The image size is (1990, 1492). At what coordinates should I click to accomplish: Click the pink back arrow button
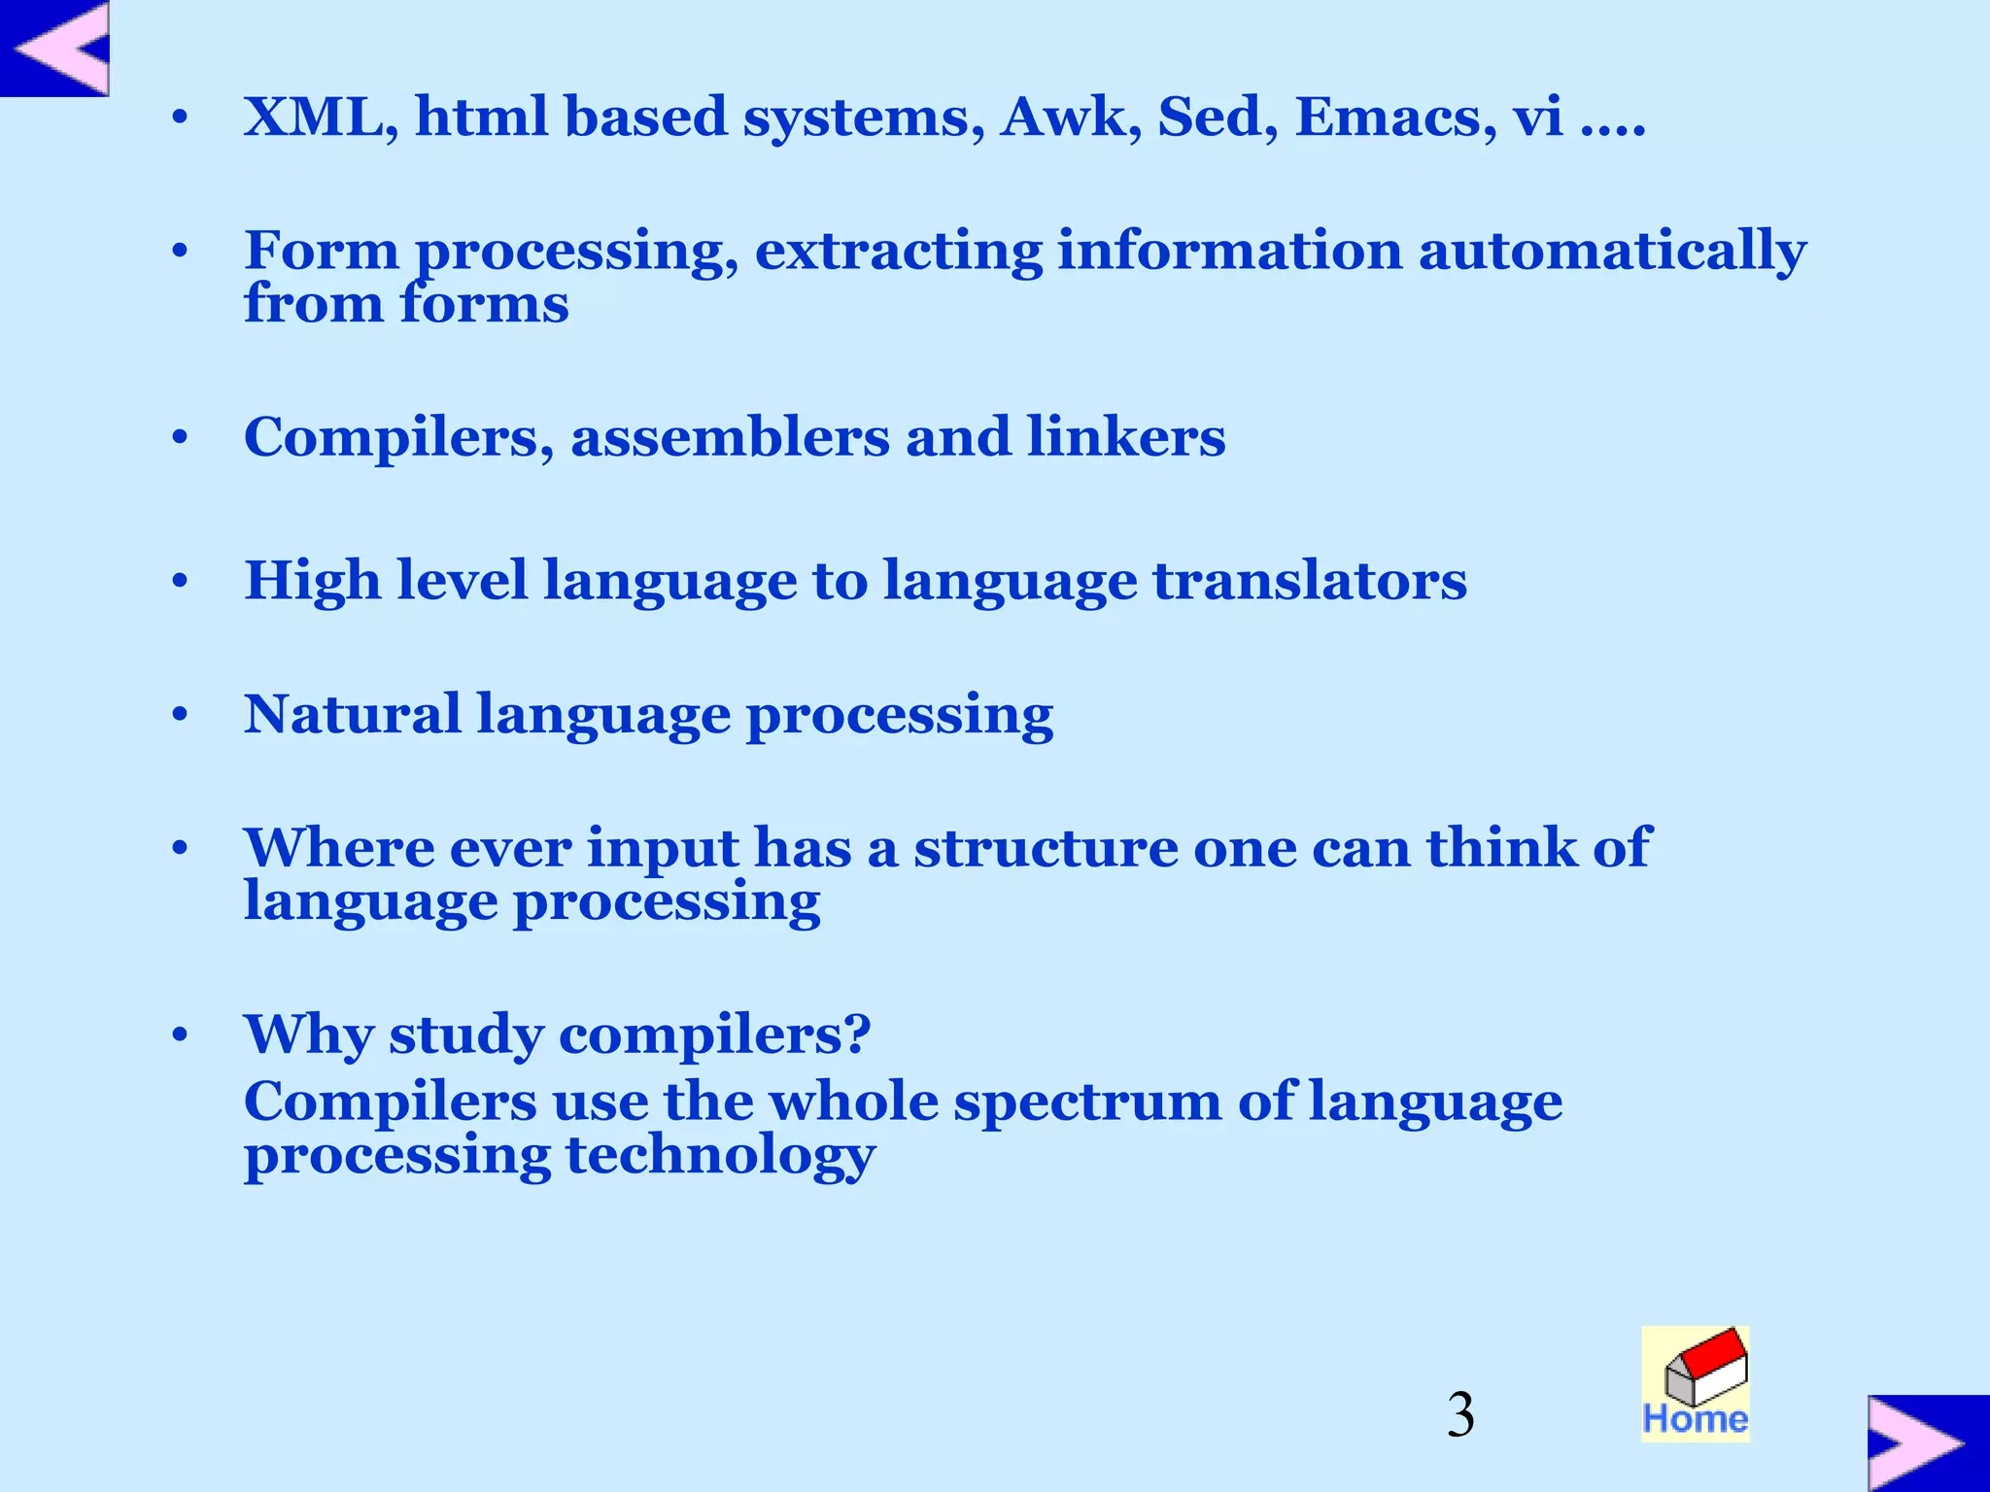(55, 48)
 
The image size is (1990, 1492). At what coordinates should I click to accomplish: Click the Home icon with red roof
(1695, 1383)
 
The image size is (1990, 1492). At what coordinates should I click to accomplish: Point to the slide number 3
(1459, 1415)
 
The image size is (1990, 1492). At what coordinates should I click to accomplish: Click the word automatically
(1612, 252)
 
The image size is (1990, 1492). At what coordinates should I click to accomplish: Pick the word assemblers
(730, 437)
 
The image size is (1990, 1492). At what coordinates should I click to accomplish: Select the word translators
(1309, 581)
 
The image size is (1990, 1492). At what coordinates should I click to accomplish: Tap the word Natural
(352, 715)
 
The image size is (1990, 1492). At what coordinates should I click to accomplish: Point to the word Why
(308, 1035)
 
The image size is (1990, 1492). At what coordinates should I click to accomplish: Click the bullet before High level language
(180, 582)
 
